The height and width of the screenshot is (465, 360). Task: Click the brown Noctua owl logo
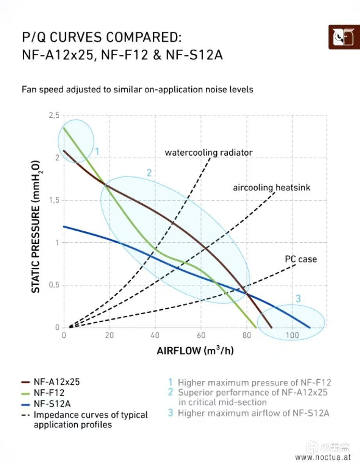(344, 37)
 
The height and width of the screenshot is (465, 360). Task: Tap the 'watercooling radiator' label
(209, 153)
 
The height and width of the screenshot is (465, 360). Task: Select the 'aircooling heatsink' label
(272, 188)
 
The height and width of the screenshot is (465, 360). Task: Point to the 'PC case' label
(301, 259)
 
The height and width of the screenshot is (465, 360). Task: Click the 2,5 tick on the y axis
(54, 115)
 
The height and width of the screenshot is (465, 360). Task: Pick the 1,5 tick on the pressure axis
(54, 200)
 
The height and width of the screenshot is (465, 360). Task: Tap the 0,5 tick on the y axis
(54, 285)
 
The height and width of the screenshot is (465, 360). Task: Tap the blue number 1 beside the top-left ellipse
(97, 151)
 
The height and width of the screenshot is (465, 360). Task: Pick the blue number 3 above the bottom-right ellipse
(298, 299)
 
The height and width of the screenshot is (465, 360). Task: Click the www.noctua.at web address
(323, 457)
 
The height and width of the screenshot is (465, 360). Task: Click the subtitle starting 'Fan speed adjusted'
(137, 89)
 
